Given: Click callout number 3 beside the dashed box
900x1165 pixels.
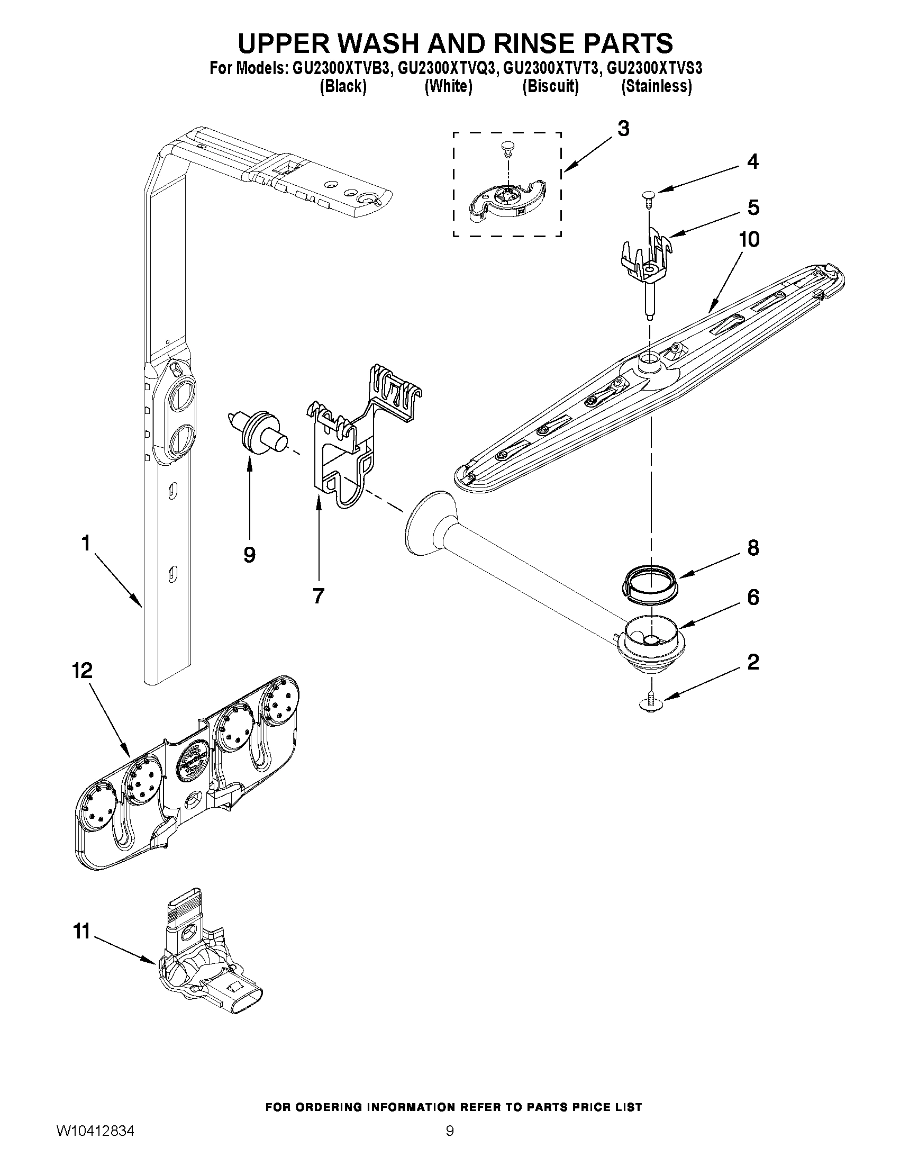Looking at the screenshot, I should coord(623,129).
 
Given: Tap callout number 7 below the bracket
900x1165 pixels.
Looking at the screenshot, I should coord(319,596).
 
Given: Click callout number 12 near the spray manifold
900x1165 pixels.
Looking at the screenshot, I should coord(83,671).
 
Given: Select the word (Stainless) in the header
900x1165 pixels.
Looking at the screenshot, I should coord(656,86).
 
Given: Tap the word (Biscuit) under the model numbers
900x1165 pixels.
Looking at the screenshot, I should coord(550,86).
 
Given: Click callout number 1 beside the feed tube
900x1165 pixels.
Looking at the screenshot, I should coord(85,544).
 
